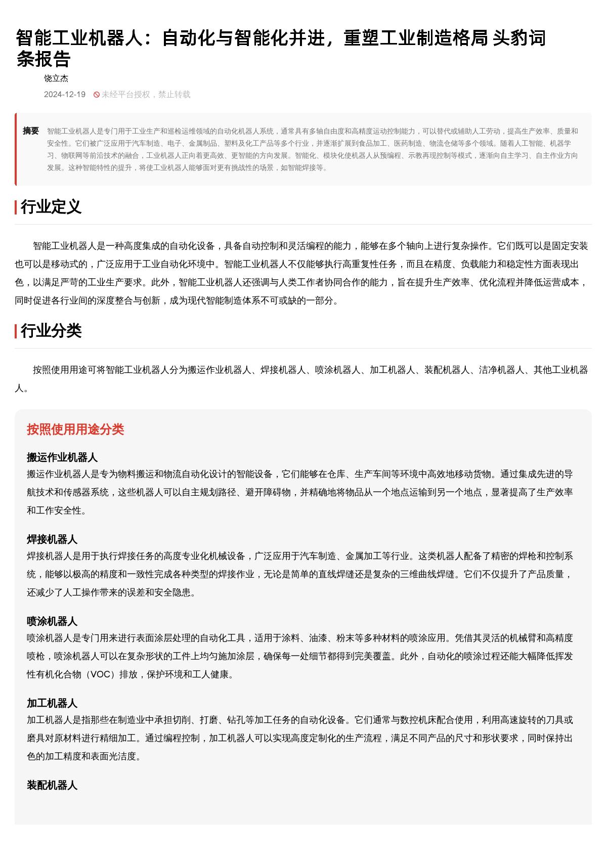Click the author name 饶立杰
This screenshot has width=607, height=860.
tap(56, 78)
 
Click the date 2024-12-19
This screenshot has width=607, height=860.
tap(65, 95)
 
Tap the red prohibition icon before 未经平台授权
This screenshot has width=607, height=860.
tap(96, 95)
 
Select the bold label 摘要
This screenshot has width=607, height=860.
tap(31, 131)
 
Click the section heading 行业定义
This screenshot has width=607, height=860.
tap(51, 207)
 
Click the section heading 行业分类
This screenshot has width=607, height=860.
tap(51, 331)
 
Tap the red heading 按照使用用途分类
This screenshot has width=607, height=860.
tap(75, 429)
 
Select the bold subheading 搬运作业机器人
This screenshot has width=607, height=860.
tap(62, 458)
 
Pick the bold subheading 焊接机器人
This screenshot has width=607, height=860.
tap(52, 540)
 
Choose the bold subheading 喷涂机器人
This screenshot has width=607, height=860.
tap(52, 622)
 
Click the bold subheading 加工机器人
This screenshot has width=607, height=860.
tap(52, 704)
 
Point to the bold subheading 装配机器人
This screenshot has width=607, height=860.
tap(52, 786)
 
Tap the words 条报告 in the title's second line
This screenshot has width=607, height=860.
tap(44, 60)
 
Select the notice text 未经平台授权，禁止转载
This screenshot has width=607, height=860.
tap(146, 95)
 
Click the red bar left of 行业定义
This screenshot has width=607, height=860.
tap(16, 207)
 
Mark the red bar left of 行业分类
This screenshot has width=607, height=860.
tap(16, 331)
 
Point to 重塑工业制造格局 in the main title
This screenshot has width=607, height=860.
tap(415, 38)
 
